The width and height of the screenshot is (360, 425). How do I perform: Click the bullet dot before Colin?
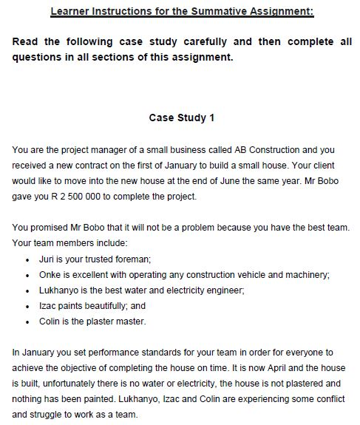[x=27, y=322]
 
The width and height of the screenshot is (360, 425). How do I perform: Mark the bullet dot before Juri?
[x=27, y=259]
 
